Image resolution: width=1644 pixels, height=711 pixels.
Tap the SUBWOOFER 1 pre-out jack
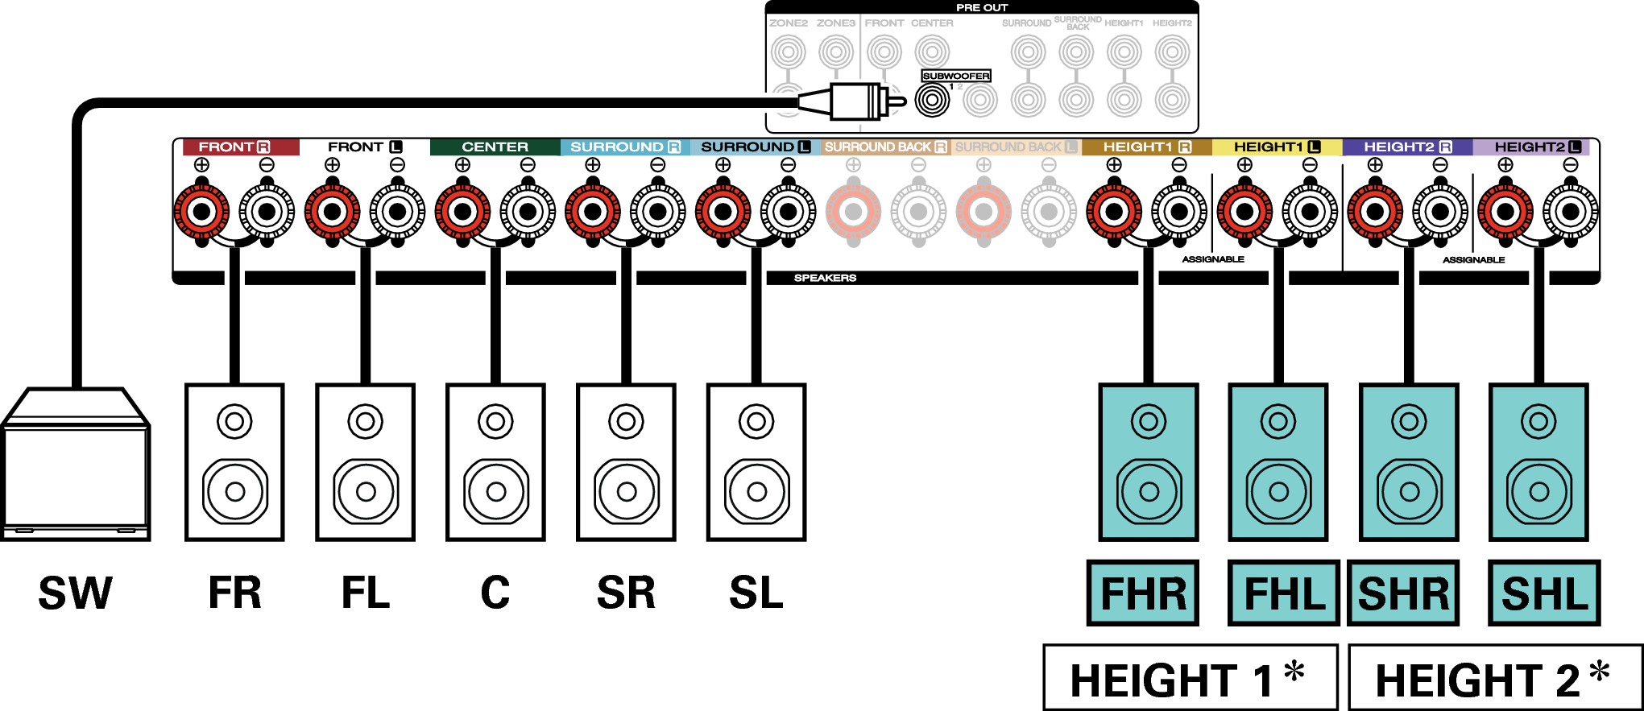click(x=933, y=101)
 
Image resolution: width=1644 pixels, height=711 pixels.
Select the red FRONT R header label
click(x=234, y=147)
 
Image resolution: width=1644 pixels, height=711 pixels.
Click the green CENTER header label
click(x=495, y=147)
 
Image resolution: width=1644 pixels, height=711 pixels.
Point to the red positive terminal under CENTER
click(x=462, y=212)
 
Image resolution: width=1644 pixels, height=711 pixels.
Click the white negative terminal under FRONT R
click(x=267, y=212)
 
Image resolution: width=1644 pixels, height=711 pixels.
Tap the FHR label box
click(x=1142, y=593)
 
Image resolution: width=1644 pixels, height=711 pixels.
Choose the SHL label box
click(x=1543, y=593)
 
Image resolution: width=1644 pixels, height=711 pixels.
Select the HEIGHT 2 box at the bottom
click(x=1494, y=678)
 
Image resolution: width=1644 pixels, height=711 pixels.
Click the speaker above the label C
click(x=495, y=462)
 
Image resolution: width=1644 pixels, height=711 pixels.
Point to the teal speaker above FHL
click(x=1278, y=462)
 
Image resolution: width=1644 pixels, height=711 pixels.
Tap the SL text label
click(x=756, y=593)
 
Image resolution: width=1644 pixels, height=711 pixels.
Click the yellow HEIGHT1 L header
click(x=1277, y=147)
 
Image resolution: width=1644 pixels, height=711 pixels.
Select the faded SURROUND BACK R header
click(x=885, y=147)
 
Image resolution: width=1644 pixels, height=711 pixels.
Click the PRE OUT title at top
click(x=981, y=7)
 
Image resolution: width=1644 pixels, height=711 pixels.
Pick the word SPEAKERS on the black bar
click(x=825, y=278)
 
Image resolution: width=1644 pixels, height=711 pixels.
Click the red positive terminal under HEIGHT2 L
click(x=1505, y=212)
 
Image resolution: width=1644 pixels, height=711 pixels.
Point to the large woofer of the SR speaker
click(x=627, y=491)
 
